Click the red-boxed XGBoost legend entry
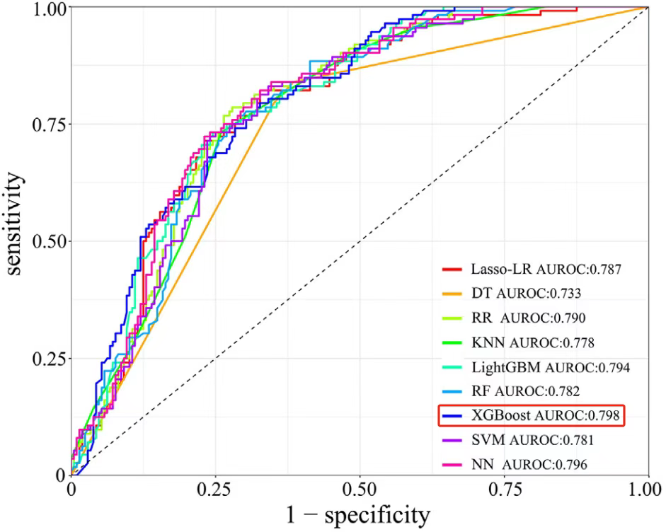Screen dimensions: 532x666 [532, 416]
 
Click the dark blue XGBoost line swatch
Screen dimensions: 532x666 [452, 416]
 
